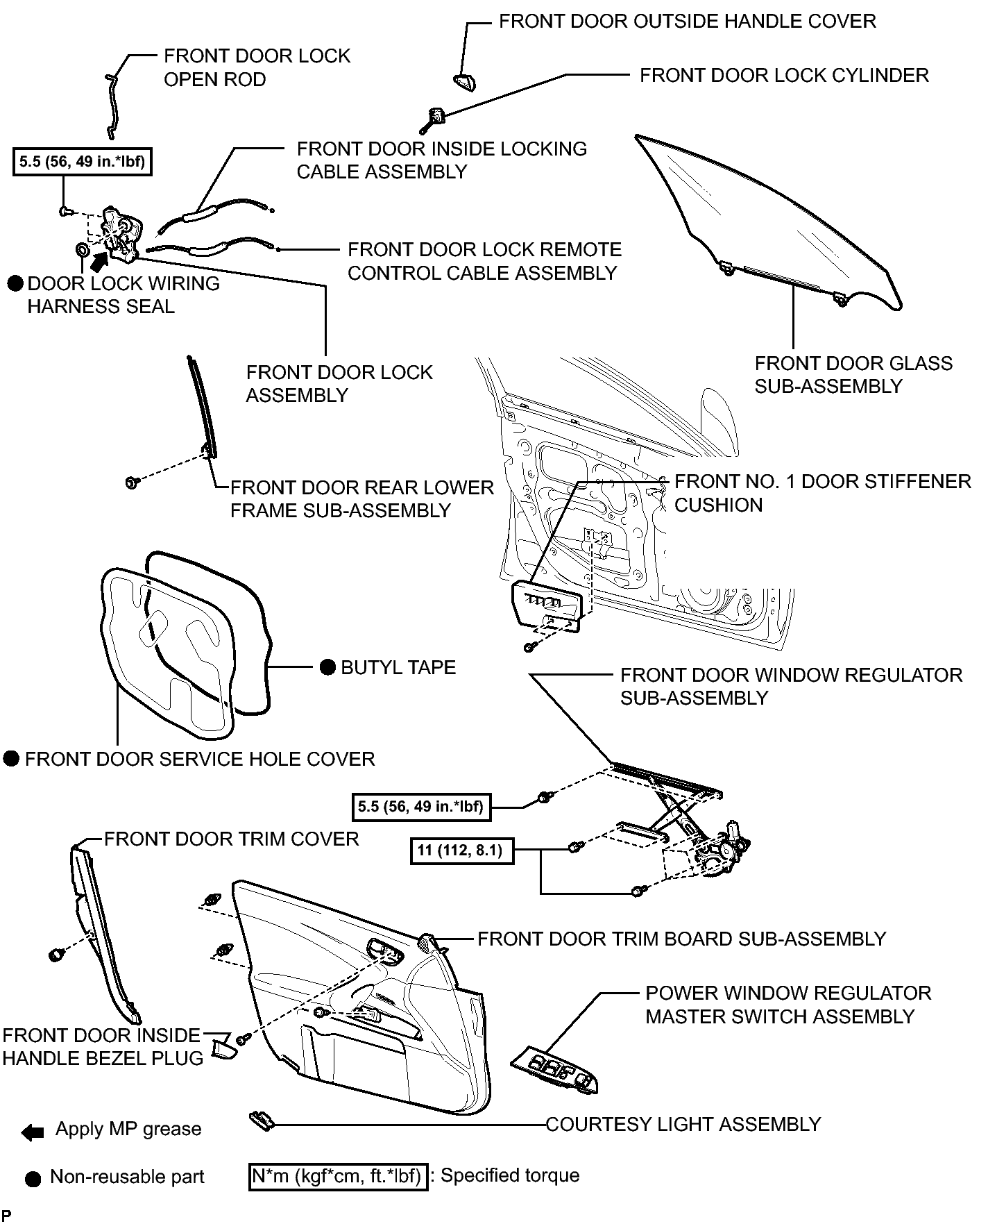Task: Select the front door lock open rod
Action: click(112, 103)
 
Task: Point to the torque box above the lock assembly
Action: click(82, 162)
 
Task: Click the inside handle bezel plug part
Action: click(223, 1048)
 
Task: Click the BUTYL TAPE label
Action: click(398, 668)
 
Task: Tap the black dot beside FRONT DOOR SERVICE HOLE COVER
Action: click(11, 759)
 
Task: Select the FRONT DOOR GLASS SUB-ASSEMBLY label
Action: click(853, 375)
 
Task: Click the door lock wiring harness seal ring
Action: click(80, 250)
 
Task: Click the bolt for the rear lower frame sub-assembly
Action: click(131, 482)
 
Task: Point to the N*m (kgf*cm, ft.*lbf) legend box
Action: click(338, 1175)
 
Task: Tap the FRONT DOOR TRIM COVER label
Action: click(232, 839)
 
